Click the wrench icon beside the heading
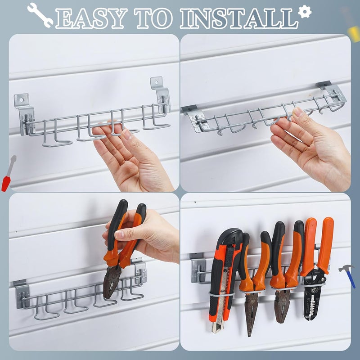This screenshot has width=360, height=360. coord(40,13)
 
